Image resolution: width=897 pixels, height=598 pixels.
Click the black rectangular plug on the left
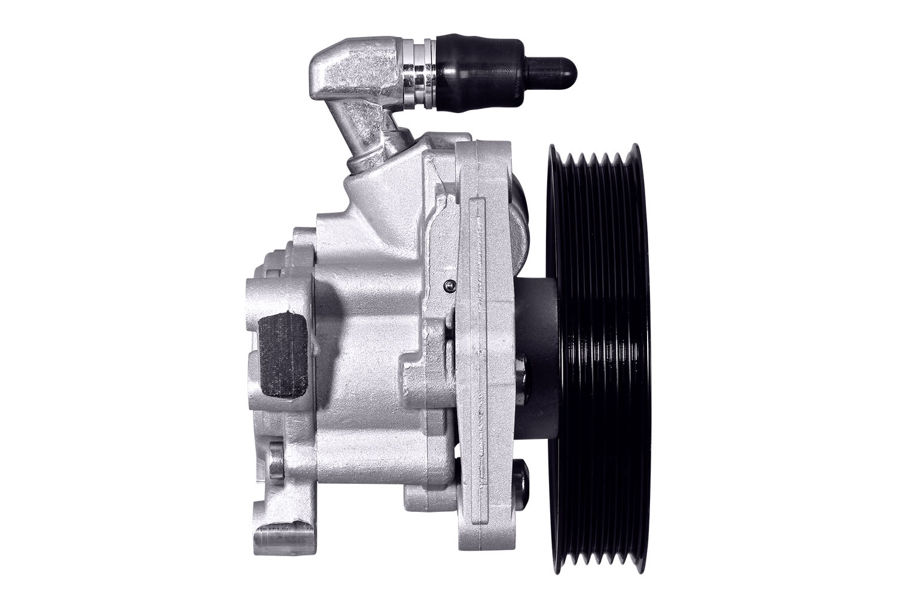282,354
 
